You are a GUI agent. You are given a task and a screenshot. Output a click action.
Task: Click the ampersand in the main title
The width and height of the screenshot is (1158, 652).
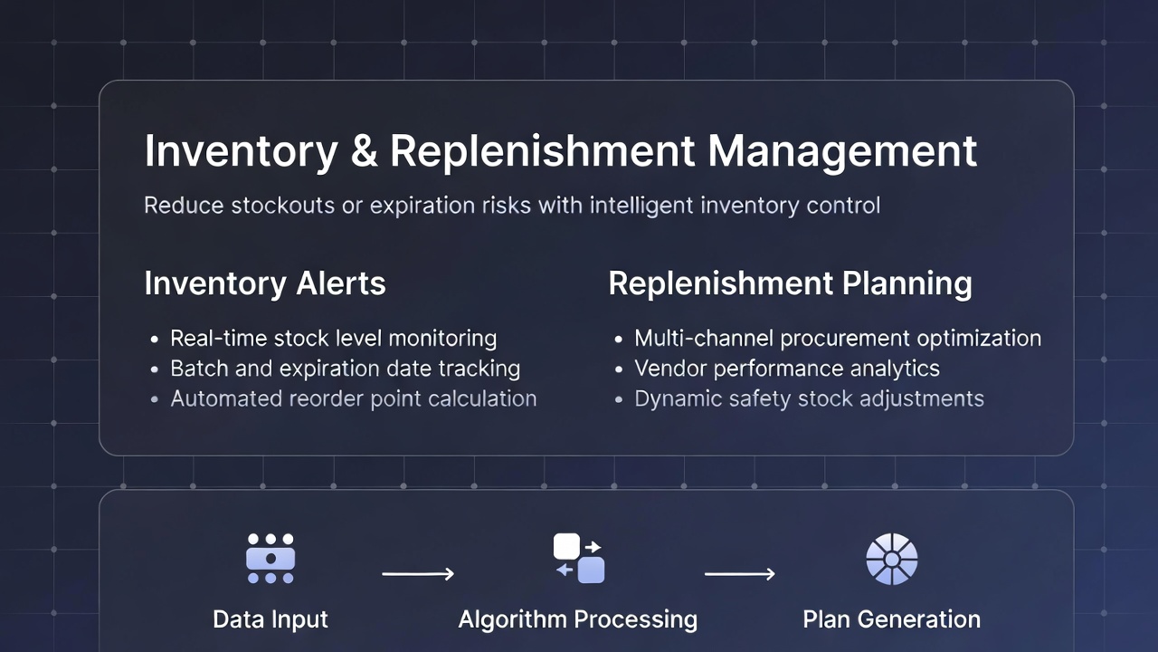point(363,151)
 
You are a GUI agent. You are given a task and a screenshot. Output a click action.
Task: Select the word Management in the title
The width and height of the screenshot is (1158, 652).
point(842,151)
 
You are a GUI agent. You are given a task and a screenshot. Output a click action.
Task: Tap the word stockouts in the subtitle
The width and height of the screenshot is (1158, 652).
point(280,206)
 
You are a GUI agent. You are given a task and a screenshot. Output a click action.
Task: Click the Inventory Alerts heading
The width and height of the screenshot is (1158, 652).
point(265,283)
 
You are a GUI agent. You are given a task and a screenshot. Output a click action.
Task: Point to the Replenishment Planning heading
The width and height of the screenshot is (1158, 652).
point(790,283)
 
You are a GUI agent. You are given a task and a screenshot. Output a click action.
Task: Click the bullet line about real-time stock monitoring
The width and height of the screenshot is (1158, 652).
point(333,339)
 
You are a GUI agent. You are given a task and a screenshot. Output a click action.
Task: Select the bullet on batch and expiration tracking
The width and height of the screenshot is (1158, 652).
point(345,369)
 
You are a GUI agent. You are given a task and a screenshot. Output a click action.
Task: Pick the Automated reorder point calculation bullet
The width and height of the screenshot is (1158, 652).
point(353,398)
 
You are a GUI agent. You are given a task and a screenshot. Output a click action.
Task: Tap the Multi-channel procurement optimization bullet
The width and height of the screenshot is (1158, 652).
point(838,339)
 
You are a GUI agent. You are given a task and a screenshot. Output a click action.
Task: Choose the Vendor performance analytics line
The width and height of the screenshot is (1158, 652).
point(786,369)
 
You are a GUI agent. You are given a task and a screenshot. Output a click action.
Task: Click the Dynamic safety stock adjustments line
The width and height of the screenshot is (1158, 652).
point(809,398)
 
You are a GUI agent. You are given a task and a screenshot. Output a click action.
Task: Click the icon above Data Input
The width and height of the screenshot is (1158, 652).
point(271,559)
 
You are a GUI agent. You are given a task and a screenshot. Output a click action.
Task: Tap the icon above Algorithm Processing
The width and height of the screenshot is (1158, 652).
point(578,559)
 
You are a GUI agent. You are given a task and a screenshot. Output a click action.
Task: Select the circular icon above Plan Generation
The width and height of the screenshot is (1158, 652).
point(891,559)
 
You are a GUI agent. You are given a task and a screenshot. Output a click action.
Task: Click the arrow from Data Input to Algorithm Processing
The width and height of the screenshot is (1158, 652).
point(417,574)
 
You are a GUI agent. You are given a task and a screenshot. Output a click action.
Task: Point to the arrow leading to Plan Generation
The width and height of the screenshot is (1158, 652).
point(739,574)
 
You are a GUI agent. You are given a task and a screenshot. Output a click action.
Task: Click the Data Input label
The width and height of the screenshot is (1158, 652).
point(271,620)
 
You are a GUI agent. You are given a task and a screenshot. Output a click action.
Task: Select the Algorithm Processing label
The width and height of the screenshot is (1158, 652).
point(578,620)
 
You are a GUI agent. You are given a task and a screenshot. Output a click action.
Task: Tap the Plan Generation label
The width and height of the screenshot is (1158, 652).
point(891,620)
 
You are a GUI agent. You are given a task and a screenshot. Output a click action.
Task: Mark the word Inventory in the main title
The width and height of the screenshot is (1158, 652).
point(241,151)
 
